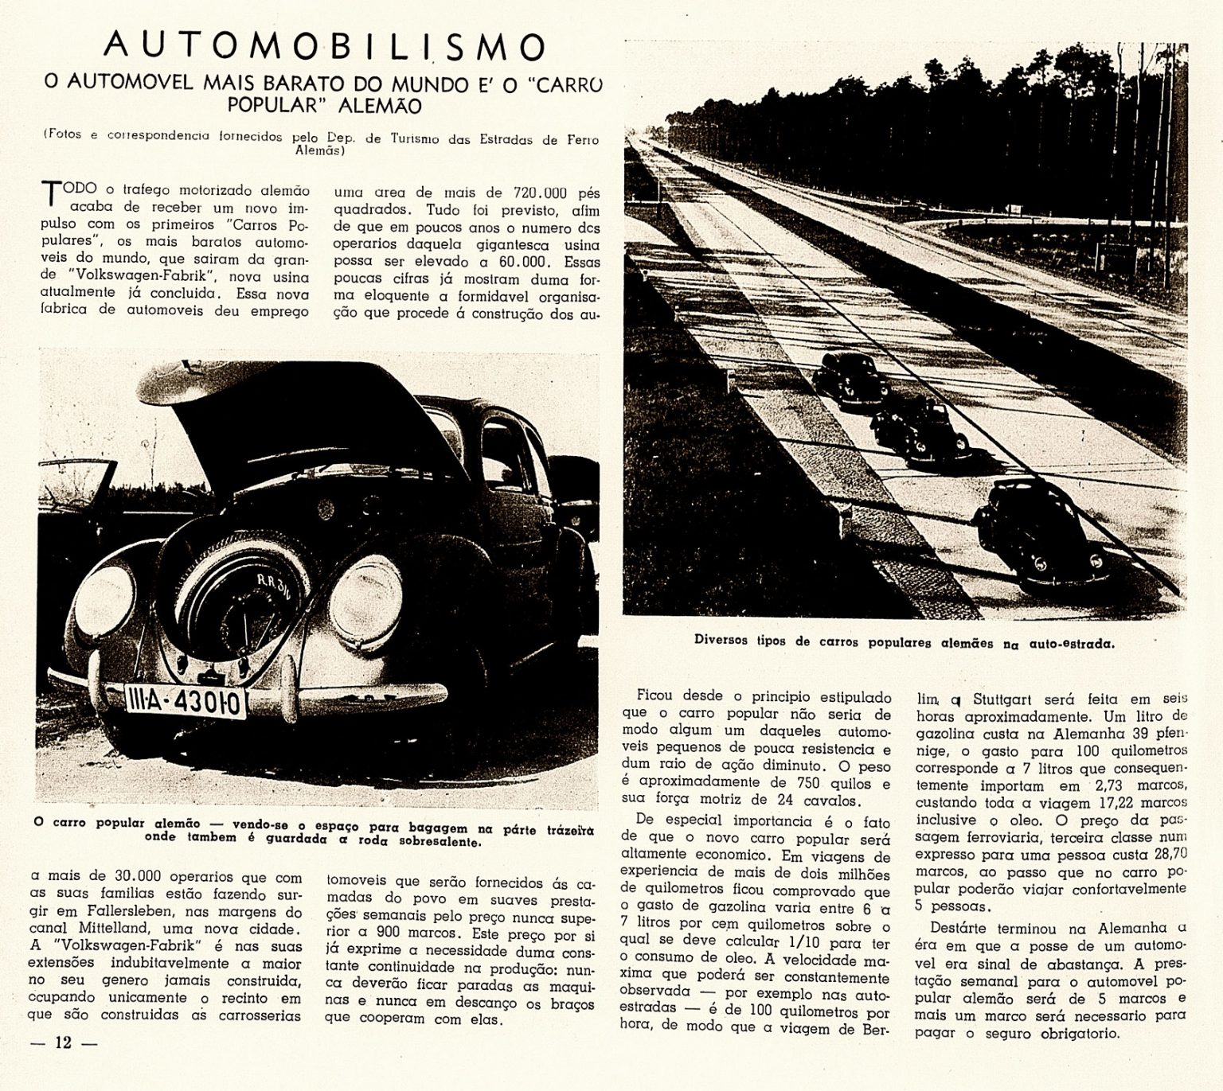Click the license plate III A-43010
(x=185, y=701)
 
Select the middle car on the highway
(x=920, y=431)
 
